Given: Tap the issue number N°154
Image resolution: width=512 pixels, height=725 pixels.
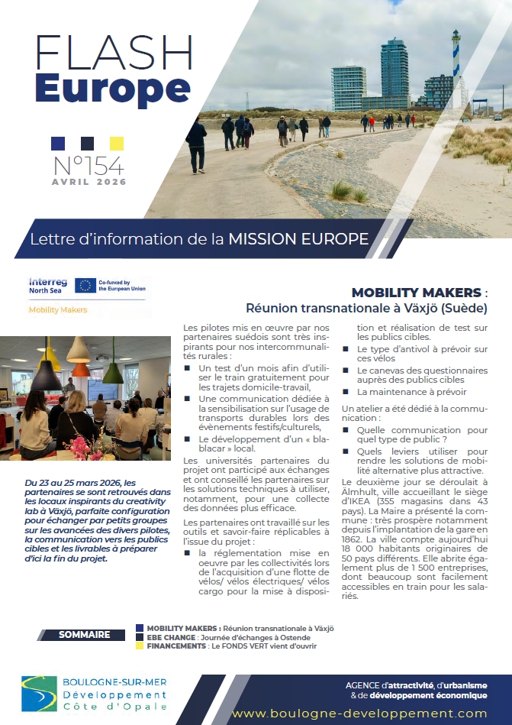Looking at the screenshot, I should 88,165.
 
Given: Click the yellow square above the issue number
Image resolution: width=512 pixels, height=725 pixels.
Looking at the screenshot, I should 117,143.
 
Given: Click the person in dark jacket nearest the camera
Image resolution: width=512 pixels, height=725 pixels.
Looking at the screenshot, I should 197,144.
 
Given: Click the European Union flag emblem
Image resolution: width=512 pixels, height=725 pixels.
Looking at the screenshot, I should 85,286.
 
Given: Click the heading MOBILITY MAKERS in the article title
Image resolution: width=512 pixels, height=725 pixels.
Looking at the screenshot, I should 416,293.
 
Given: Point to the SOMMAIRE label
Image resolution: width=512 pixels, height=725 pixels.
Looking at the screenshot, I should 85,634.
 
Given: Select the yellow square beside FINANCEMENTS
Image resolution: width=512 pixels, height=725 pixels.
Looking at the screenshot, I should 139,646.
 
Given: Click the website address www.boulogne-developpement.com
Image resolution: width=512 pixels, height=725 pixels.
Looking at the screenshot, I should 359,713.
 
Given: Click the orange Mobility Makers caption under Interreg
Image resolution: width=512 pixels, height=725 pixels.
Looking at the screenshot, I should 58,309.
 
